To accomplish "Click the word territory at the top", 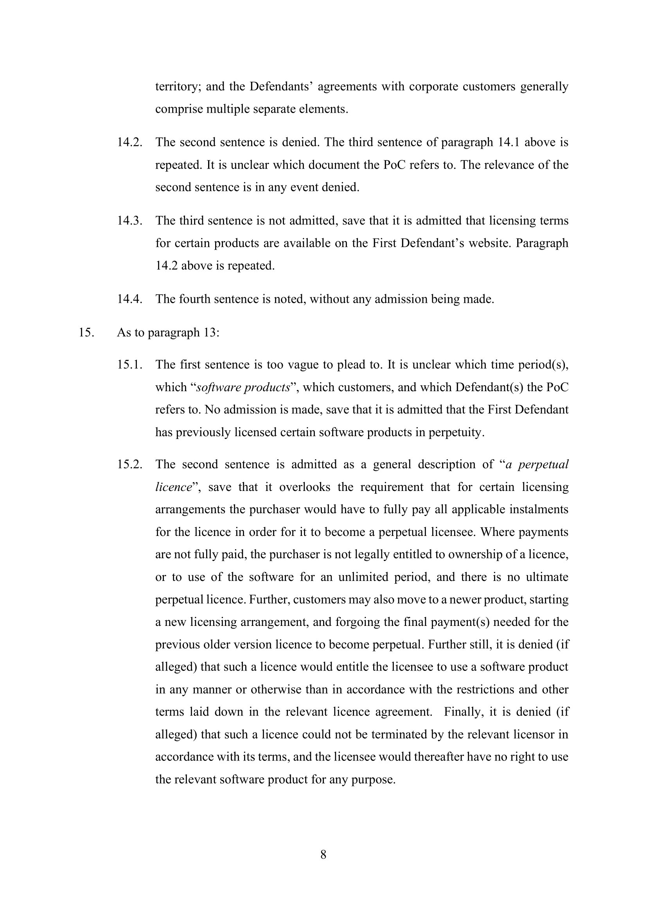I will (x=178, y=86).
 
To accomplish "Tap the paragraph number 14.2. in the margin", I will (x=129, y=142).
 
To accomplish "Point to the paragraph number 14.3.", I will (x=129, y=220).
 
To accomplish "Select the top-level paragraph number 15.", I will (x=86, y=333).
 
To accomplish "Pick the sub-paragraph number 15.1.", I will (x=129, y=365).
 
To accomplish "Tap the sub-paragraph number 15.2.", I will (x=129, y=464).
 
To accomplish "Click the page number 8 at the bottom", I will (x=323, y=854).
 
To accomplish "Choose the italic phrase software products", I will (x=243, y=387).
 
